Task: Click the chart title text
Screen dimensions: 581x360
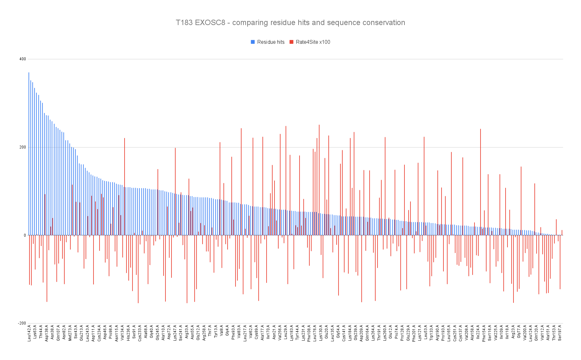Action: [x=290, y=23]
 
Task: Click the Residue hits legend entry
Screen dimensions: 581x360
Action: [x=268, y=42]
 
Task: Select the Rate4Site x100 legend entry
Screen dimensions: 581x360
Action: [x=310, y=42]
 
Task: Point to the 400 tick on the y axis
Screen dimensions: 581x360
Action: [x=23, y=59]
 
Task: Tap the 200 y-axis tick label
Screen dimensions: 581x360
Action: [x=23, y=147]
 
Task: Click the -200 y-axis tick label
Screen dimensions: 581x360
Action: [x=22, y=323]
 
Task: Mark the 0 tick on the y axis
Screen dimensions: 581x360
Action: [x=25, y=235]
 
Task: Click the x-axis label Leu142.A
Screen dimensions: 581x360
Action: [x=29, y=333]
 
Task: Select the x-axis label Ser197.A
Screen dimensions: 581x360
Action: [x=560, y=333]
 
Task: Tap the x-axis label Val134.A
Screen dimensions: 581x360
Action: [x=122, y=333]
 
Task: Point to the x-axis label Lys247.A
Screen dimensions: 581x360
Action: [x=175, y=333]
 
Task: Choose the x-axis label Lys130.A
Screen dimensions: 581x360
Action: [x=321, y=333]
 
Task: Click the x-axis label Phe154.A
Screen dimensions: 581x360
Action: [x=484, y=333]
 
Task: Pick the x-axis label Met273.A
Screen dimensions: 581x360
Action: [x=70, y=333]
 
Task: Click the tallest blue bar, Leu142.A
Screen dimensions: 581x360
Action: [x=29, y=154]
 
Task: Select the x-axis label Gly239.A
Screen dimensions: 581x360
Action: [x=356, y=333]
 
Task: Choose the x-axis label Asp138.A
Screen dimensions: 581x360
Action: [x=47, y=333]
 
